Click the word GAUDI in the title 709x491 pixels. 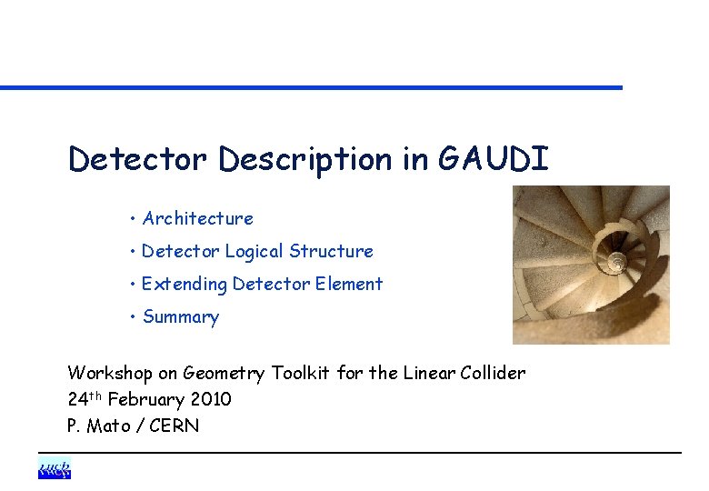(494, 160)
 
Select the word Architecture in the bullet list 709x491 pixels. (198, 218)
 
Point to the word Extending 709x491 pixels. (184, 284)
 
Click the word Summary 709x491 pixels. (181, 317)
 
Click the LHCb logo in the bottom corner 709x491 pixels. (55, 469)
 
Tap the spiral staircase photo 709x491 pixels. (591, 265)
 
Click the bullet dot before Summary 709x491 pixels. (133, 317)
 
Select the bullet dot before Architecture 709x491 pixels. (133, 218)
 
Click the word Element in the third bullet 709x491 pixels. (349, 284)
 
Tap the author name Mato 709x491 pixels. (108, 426)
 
